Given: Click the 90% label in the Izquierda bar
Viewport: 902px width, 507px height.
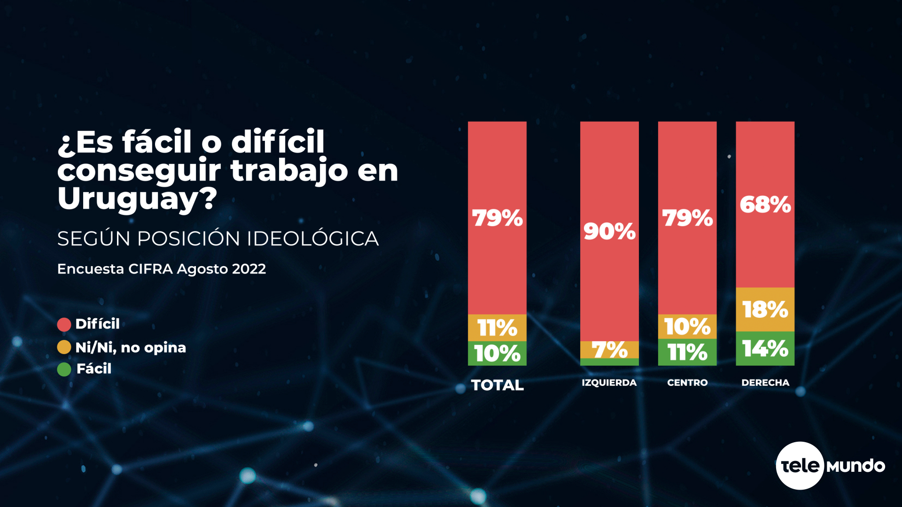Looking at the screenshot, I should (x=609, y=231).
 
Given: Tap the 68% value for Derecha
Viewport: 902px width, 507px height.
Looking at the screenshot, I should (x=765, y=205).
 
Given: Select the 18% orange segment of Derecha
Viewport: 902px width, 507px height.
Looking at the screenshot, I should (x=765, y=309).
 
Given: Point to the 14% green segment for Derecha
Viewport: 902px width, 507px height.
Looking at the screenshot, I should (x=765, y=348).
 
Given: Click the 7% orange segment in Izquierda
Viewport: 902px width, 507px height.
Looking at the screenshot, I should (x=609, y=350).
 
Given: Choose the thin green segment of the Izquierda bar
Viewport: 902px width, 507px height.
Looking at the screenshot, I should (x=609, y=362).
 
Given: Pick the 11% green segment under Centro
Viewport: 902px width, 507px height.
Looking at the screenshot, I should (x=687, y=353).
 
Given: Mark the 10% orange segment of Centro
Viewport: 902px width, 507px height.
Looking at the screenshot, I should (x=687, y=327).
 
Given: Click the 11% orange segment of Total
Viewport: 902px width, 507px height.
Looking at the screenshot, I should (x=497, y=328).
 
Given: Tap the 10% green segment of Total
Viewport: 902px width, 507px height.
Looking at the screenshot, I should (x=497, y=353).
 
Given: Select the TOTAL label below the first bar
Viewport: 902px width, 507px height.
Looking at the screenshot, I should (x=497, y=385).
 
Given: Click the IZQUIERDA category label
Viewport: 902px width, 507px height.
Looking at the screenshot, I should (x=609, y=383).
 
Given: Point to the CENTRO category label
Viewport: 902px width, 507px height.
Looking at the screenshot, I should (x=687, y=383).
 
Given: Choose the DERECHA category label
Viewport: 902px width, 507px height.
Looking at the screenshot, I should (x=765, y=383).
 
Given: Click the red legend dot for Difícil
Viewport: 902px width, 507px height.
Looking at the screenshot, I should (x=64, y=324).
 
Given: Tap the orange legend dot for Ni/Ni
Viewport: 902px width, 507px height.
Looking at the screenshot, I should (x=64, y=347).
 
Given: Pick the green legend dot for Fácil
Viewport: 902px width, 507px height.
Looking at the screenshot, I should (x=64, y=369).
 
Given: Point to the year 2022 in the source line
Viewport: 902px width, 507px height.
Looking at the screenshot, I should (x=249, y=269).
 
